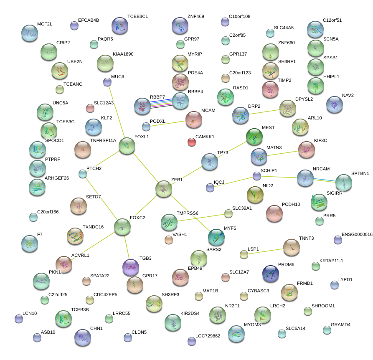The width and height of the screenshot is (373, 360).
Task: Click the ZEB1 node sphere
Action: click(163, 189)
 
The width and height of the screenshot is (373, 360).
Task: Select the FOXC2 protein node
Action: click(122, 227)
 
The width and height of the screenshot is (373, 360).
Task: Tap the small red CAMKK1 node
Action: click(192, 142)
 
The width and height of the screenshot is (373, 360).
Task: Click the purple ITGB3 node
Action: click(131, 267)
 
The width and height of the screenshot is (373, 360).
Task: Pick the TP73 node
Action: click(210, 162)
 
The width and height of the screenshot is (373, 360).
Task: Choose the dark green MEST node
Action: click(254, 137)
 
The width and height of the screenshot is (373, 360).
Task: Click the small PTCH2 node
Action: click(83, 173)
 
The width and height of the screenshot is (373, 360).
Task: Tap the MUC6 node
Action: click(107, 82)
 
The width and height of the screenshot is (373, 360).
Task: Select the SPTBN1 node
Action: click(344, 182)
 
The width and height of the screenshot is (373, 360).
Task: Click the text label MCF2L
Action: click(45, 24)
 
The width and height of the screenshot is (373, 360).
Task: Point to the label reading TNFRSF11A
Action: click(103, 140)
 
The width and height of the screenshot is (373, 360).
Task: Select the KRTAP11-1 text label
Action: click(331, 261)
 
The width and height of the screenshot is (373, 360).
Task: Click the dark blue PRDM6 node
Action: click(271, 274)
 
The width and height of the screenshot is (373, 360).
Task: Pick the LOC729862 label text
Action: click(208, 336)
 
